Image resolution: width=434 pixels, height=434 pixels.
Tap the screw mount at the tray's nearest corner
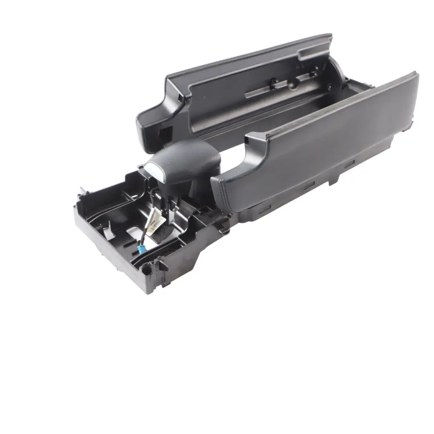[161, 267]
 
